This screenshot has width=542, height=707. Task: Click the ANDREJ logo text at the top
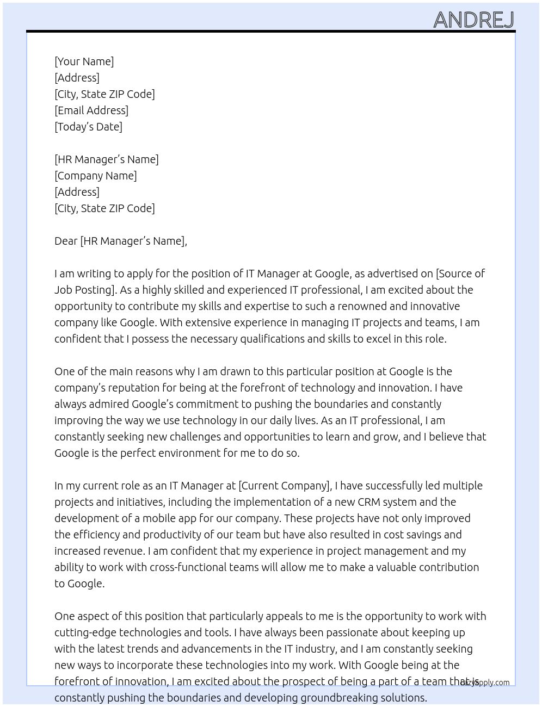(x=473, y=20)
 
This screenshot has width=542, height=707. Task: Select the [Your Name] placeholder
(x=84, y=61)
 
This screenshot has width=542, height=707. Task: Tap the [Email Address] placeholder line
(x=91, y=110)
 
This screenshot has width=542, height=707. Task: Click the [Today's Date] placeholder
(x=88, y=127)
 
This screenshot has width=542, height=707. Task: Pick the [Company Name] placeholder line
(x=95, y=176)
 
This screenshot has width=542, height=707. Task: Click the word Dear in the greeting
(x=66, y=241)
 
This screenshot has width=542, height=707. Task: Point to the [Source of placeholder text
(x=460, y=274)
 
